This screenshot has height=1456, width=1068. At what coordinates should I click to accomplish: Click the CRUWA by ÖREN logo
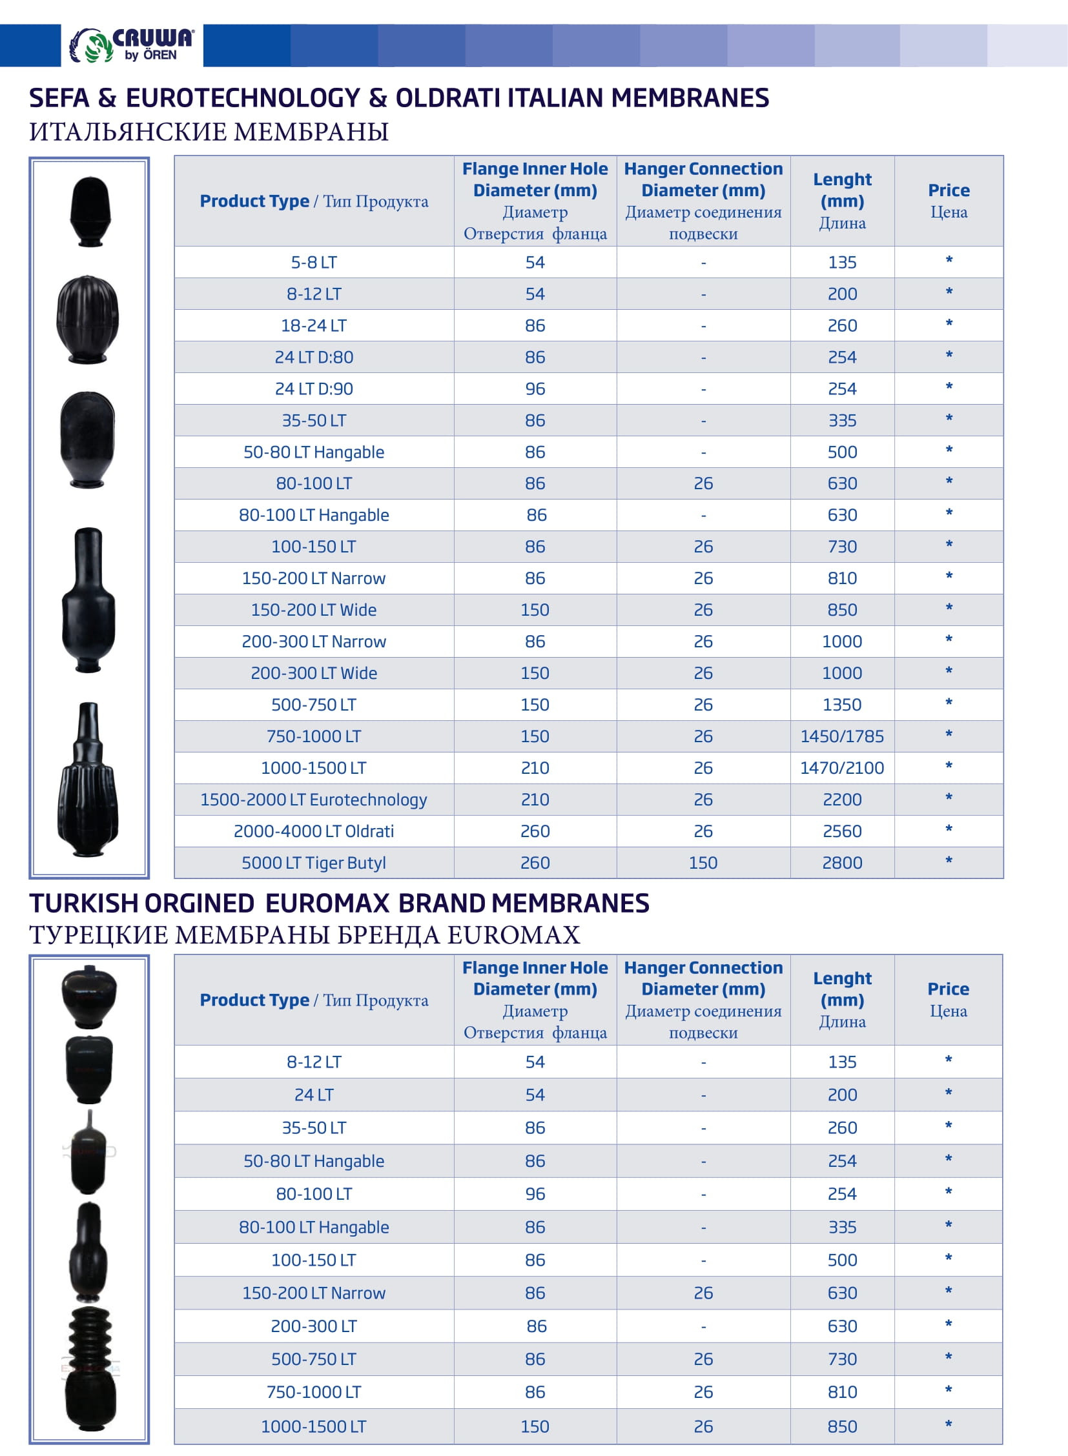(132, 45)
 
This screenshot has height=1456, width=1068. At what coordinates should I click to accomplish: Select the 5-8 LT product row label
(314, 263)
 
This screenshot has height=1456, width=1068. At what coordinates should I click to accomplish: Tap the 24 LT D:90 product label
(314, 389)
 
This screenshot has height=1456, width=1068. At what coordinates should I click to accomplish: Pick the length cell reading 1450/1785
(842, 736)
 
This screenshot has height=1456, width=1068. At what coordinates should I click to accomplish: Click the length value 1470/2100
(842, 768)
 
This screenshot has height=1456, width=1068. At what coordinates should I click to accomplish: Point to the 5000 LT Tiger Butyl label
(314, 863)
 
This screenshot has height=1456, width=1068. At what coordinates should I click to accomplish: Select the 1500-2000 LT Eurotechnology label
(314, 800)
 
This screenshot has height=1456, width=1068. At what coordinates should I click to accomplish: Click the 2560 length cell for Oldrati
(842, 831)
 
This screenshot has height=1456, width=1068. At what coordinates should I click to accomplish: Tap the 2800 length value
(842, 863)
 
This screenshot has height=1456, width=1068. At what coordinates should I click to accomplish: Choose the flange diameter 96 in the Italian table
(535, 389)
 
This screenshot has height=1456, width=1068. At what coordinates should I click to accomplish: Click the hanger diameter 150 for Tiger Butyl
(703, 863)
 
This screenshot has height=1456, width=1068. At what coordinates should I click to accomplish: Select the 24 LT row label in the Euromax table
(314, 1095)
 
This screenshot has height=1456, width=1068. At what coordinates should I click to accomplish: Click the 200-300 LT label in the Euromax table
(314, 1326)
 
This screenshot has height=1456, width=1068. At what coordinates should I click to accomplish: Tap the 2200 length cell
(842, 800)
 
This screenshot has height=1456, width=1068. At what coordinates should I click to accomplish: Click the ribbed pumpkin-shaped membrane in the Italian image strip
(88, 319)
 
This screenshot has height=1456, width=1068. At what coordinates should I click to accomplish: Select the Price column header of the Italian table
(949, 200)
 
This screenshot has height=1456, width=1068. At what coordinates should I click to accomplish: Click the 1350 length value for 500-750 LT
(842, 704)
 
